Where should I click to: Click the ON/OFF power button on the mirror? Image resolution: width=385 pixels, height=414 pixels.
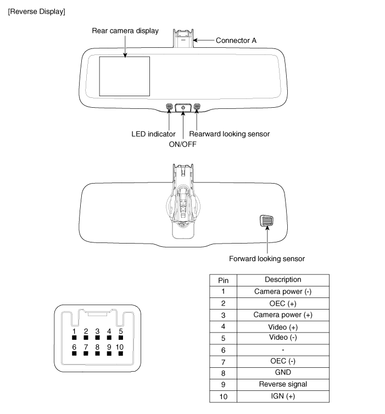[x=183, y=107]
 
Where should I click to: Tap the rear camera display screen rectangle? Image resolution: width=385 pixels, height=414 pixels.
[x=125, y=76]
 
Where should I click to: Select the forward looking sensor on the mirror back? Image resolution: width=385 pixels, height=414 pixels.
[x=266, y=220]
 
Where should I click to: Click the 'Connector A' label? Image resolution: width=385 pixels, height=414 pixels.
[x=236, y=40]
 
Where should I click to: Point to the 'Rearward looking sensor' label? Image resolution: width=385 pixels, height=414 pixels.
[x=230, y=134]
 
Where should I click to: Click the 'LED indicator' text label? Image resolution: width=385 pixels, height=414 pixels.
[x=153, y=134]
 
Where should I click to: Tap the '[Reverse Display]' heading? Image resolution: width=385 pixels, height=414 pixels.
[x=37, y=12]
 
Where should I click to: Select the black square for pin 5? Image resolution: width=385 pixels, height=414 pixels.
[x=121, y=338]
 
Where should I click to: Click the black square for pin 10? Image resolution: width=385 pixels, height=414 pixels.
[x=121, y=354]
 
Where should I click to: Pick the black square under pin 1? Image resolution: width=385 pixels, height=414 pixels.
[x=74, y=338]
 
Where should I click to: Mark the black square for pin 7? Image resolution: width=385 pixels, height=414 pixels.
[x=86, y=354]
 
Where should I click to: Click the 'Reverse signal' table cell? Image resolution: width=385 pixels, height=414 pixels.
[x=283, y=385]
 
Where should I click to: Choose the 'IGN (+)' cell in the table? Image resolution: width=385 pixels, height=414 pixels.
[x=283, y=396]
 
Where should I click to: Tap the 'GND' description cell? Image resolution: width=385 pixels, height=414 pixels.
[x=283, y=373]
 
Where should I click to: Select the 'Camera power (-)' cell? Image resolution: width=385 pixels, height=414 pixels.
[x=283, y=292]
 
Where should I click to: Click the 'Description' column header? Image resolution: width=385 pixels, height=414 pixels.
[x=283, y=280]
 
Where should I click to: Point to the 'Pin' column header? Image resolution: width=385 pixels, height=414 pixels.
[x=224, y=280]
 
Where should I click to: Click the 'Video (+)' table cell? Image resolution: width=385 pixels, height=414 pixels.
[x=283, y=327]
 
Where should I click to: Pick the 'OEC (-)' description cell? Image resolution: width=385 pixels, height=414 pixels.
[x=283, y=361]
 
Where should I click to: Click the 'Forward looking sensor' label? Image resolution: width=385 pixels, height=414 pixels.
[x=267, y=259]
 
